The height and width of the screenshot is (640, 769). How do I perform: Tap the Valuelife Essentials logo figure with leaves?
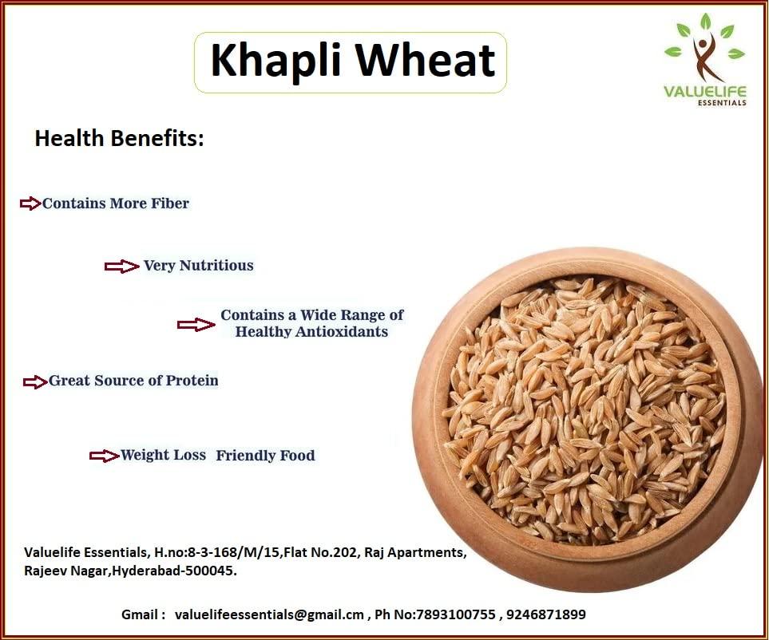point(704,49)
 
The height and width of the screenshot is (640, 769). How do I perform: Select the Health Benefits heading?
point(120,138)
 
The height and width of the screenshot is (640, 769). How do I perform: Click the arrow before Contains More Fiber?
point(30,203)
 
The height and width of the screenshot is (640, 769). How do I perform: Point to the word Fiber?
point(170,203)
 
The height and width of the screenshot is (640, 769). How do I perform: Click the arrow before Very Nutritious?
point(121,267)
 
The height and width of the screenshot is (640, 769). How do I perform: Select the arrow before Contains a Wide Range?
point(196,324)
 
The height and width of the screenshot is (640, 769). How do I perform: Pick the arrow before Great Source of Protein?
point(35,382)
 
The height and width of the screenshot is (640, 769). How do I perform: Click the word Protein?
point(192,381)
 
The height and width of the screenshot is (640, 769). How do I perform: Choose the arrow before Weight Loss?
point(104,456)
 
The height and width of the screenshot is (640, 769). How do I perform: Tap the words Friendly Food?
point(265,456)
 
